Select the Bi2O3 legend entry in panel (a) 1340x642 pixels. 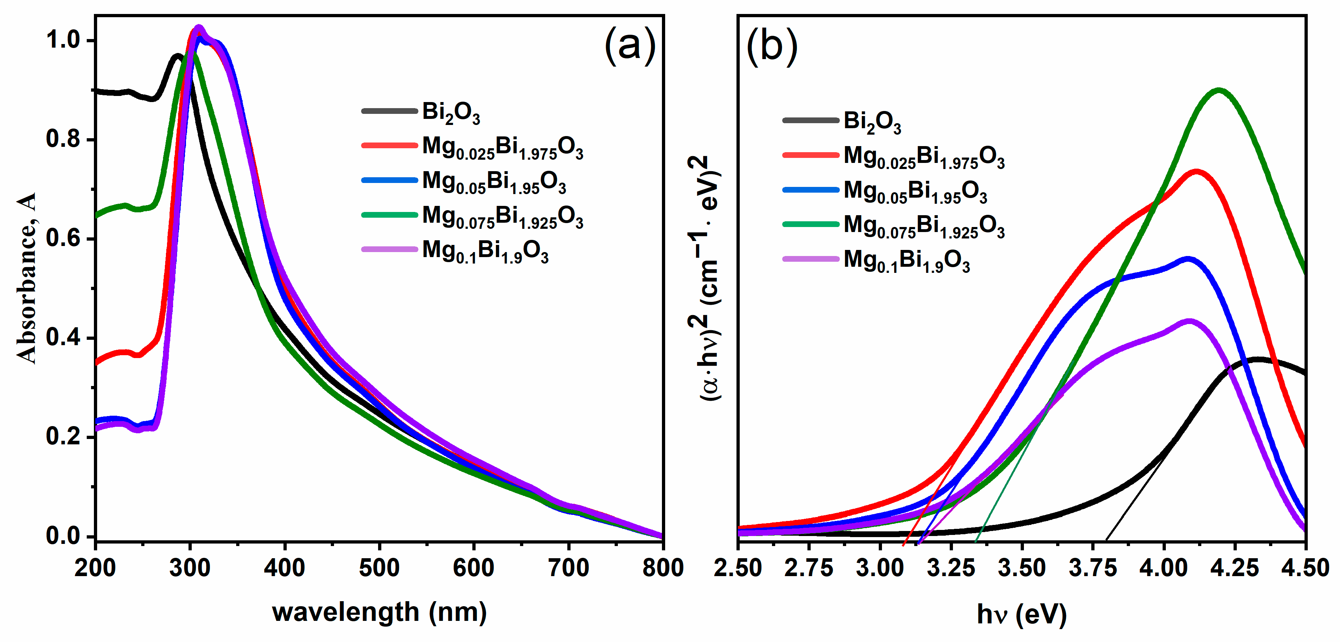click(450, 112)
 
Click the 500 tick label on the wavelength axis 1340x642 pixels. click(379, 568)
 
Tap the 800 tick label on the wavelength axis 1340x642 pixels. click(663, 568)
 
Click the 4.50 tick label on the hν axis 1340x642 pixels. click(1305, 568)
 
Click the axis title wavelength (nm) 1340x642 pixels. click(379, 612)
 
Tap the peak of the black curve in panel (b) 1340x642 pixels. click(1258, 359)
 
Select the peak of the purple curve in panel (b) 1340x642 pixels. click(1189, 321)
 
